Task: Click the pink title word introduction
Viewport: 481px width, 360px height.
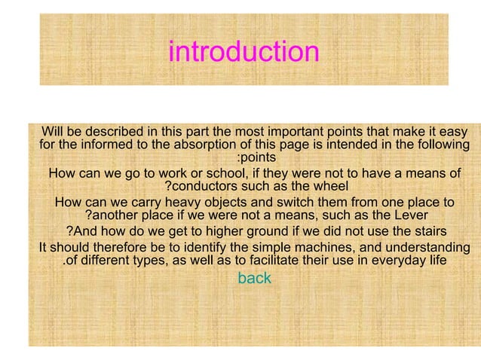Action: pyautogui.click(x=244, y=52)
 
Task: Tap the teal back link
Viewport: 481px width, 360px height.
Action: pyautogui.click(x=254, y=279)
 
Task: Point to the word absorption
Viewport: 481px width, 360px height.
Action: pyautogui.click(x=230, y=144)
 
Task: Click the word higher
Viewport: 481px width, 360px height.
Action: pyautogui.click(x=236, y=231)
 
